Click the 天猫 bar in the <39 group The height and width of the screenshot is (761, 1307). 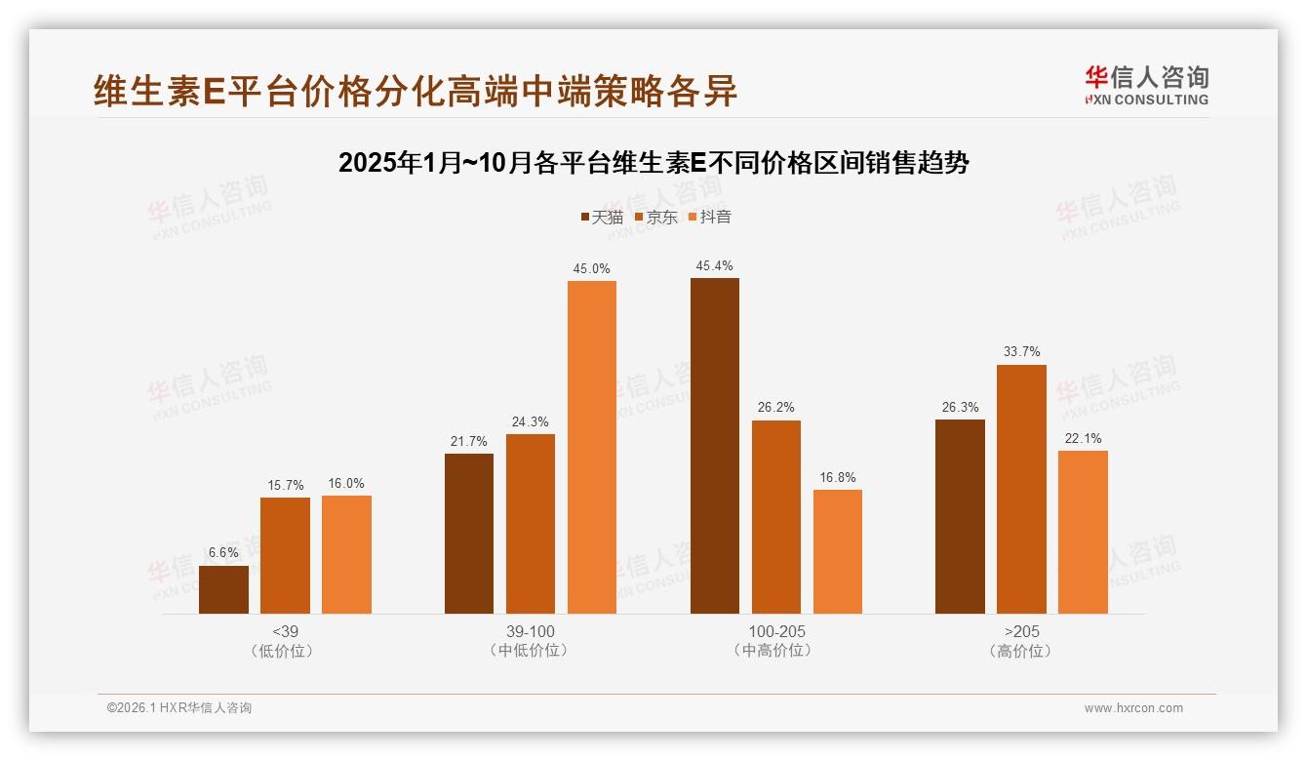(223, 589)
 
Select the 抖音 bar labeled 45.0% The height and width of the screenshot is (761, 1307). (592, 447)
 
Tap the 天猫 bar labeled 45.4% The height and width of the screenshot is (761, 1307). (714, 446)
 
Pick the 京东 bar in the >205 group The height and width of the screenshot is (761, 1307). (1021, 489)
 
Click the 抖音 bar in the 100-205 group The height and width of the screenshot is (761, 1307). (837, 551)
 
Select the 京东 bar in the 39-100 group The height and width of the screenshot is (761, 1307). (531, 524)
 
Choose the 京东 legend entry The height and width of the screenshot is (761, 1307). (655, 217)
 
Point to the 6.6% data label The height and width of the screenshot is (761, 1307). (223, 552)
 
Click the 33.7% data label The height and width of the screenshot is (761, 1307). (1021, 351)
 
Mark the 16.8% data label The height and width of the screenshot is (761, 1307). (837, 477)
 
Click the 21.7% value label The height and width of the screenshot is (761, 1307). (469, 441)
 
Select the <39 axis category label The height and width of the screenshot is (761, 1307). (285, 631)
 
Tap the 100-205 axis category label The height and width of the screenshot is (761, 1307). (776, 631)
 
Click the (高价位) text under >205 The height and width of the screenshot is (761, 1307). (1021, 651)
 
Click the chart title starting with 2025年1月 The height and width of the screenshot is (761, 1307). (653, 163)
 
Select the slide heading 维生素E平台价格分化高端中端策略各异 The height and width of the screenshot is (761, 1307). (416, 91)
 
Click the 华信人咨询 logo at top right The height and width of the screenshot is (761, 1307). (1146, 85)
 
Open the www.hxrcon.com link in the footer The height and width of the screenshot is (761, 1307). (1133, 708)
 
